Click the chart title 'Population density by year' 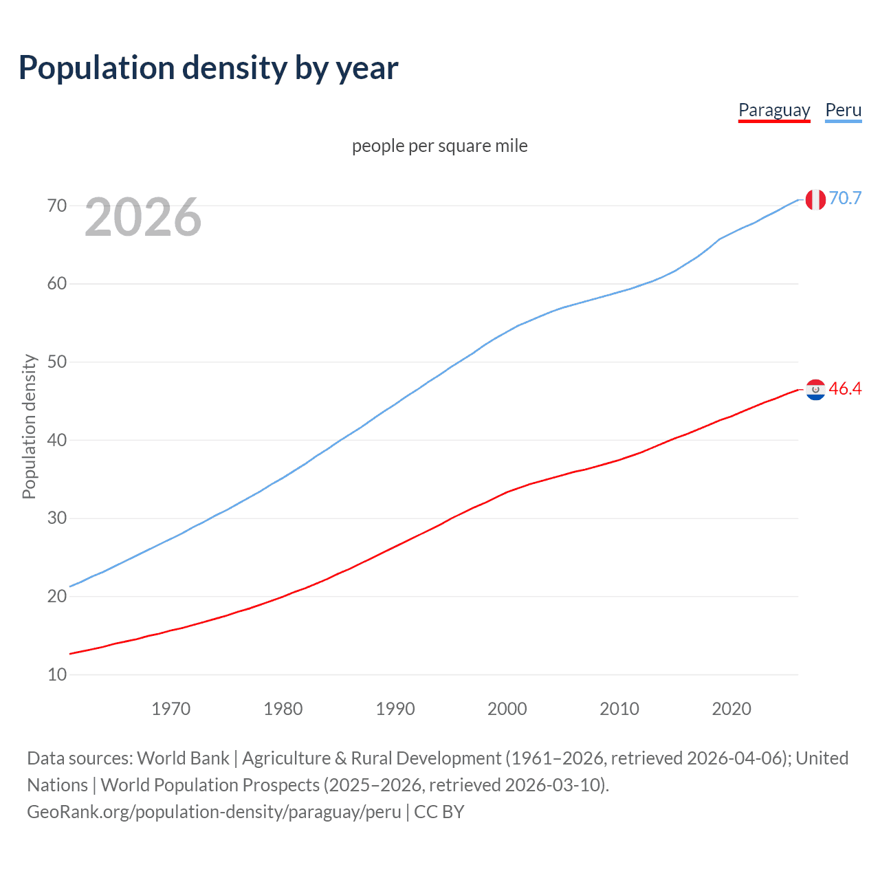tap(208, 68)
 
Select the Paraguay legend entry tap(774, 110)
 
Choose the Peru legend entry tap(843, 110)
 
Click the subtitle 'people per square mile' tap(440, 146)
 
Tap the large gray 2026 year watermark tap(143, 217)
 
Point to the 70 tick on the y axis tap(57, 206)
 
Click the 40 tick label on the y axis tap(57, 440)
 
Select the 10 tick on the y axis tap(57, 674)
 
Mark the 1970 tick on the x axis tap(171, 709)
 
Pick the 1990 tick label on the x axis tap(395, 709)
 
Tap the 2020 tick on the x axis tap(731, 709)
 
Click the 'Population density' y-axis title tap(29, 426)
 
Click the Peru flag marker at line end tap(815, 199)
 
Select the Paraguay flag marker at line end tap(815, 390)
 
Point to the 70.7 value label tap(845, 198)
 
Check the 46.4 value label tap(845, 388)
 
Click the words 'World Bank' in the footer tap(183, 758)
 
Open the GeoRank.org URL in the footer tap(214, 811)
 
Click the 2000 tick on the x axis tap(507, 709)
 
